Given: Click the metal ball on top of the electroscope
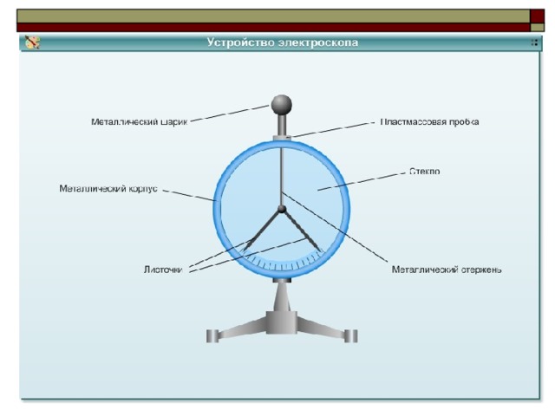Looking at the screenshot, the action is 281,105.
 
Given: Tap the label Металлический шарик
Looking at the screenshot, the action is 139,122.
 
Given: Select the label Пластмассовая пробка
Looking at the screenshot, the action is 430,121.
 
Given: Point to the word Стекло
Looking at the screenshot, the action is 424,172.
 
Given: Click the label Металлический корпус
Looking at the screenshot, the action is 108,189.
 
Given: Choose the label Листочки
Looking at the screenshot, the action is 163,270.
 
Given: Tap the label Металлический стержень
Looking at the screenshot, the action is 447,270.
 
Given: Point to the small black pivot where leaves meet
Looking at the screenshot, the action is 281,209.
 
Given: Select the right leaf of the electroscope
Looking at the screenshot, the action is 302,231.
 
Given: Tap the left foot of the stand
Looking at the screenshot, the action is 212,336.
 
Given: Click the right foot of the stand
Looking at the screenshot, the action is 351,336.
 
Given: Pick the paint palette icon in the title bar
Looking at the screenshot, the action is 32,42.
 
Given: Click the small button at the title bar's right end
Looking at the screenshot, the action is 534,42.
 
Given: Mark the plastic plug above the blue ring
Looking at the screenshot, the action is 282,138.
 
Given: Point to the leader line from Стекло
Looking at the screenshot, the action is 362,181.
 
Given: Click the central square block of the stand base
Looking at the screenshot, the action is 281,322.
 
